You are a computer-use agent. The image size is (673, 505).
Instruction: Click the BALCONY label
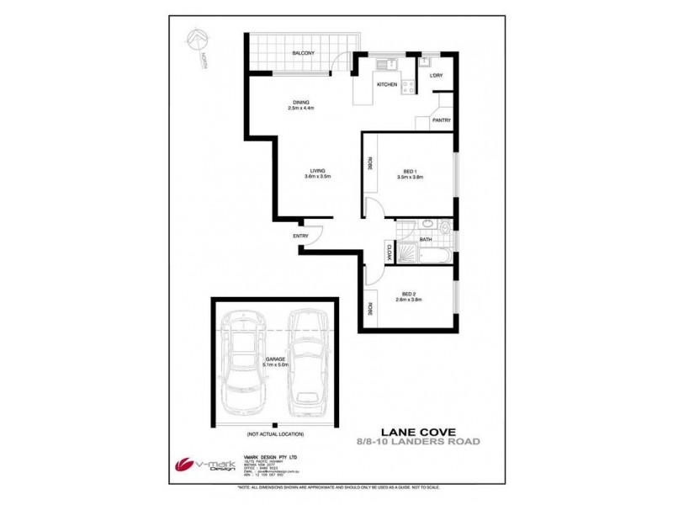[303, 53]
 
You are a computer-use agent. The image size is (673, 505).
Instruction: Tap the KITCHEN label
[387, 86]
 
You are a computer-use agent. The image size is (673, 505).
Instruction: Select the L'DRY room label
[436, 77]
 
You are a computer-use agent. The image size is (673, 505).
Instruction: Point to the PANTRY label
[441, 120]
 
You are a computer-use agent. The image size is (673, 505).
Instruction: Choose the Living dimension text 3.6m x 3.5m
[318, 176]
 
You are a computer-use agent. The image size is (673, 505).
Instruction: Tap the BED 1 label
[412, 173]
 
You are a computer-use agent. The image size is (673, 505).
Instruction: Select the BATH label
[426, 240]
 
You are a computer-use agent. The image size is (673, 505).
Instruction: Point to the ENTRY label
[300, 236]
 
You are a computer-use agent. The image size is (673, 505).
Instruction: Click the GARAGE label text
[275, 360]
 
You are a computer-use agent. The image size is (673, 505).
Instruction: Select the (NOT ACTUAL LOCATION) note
[274, 435]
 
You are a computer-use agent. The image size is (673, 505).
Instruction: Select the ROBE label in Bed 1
[369, 165]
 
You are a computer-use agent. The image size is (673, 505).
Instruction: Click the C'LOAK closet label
[389, 250]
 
